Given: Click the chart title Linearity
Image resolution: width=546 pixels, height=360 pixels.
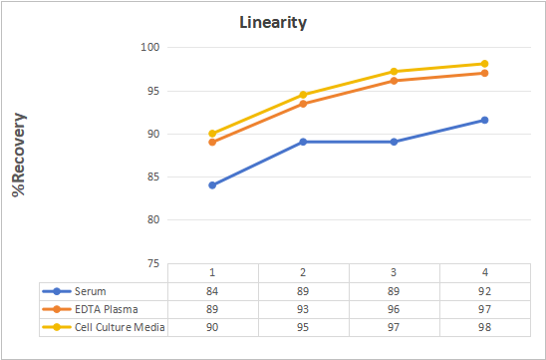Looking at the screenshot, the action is pos(273,23).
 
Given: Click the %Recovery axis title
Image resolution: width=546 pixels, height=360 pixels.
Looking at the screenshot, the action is pos(19,155).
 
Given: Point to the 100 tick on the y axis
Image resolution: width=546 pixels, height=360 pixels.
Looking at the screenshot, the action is pos(149,47).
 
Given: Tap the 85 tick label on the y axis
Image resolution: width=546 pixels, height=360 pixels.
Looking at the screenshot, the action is pos(152,178).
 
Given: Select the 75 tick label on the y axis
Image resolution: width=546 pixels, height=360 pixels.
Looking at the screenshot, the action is pos(152,264).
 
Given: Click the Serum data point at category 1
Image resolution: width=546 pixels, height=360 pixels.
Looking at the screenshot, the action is pos(212,185).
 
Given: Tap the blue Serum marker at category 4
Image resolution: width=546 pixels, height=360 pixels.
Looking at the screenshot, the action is pos(484,120).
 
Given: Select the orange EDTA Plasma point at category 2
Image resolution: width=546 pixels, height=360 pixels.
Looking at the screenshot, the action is pos(303,104).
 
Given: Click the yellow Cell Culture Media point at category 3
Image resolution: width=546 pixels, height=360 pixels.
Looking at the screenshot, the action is pos(394,72).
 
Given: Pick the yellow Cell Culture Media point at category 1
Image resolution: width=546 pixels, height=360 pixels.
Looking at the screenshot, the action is pos(212,134).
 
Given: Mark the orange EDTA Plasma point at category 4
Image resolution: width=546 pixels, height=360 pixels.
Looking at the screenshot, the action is pos(484,73).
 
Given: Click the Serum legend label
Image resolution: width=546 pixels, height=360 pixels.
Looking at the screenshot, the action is pos(91,291).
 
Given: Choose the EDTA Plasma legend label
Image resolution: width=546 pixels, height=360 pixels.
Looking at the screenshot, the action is pos(107,309).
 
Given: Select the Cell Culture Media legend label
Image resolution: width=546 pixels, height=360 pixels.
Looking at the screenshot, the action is pos(120,327).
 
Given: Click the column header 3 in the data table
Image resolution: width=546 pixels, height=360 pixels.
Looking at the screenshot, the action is pos(394,272).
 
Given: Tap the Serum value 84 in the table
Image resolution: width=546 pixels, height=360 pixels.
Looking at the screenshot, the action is pos(212,291).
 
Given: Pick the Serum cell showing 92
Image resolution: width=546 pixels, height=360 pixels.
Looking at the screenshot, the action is pos(484,291).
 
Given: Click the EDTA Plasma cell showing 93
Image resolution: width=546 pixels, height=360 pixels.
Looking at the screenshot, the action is pos(303,309).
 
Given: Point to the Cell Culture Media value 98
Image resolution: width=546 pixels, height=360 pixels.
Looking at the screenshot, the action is pos(484,327).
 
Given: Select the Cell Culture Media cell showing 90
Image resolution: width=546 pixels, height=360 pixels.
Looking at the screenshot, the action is pos(212,327).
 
